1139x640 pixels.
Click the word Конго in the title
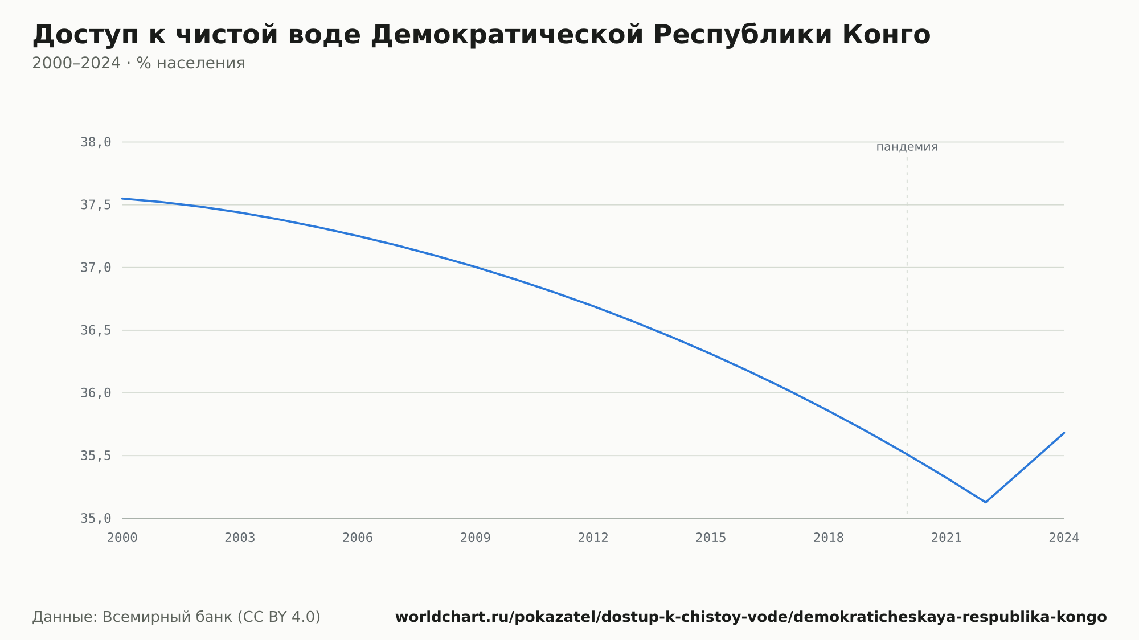[x=886, y=35]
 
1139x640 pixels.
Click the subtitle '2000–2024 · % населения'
[x=138, y=63]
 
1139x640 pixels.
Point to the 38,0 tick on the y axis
[x=96, y=142]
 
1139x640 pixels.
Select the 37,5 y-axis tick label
[x=96, y=205]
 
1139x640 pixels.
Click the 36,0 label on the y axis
[x=96, y=393]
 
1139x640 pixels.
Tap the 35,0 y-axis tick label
[x=96, y=518]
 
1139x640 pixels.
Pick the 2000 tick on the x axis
[x=122, y=538]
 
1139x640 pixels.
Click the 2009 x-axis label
[x=476, y=538]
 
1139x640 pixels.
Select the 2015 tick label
[x=711, y=538]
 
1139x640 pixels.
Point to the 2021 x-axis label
[x=947, y=538]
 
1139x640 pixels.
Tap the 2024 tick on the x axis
[x=1064, y=538]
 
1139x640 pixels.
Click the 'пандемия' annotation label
[x=907, y=147]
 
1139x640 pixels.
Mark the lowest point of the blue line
[x=985, y=502]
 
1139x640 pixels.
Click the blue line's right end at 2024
[x=1064, y=433]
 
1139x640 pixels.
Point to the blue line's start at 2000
[x=122, y=199]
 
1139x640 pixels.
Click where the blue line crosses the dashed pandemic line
[x=907, y=454]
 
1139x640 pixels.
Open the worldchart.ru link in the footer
[x=751, y=617]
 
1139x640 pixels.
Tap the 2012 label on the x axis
[x=593, y=538]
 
